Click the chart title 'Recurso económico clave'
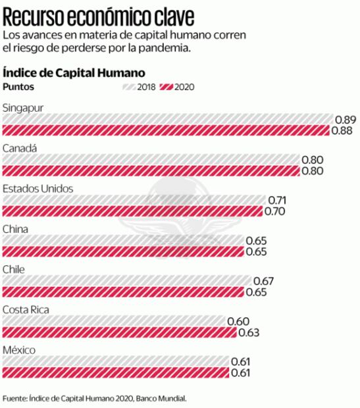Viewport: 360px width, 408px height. tap(99, 14)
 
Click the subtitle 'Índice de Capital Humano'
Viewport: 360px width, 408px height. tap(74, 72)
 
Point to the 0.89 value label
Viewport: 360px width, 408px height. tap(346, 119)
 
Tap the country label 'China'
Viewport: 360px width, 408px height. tap(16, 229)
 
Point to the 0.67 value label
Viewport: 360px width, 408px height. tap(263, 281)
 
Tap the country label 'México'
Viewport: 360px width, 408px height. tap(19, 350)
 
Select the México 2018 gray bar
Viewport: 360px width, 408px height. tap(115, 362)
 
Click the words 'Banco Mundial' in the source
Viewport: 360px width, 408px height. tap(162, 398)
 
